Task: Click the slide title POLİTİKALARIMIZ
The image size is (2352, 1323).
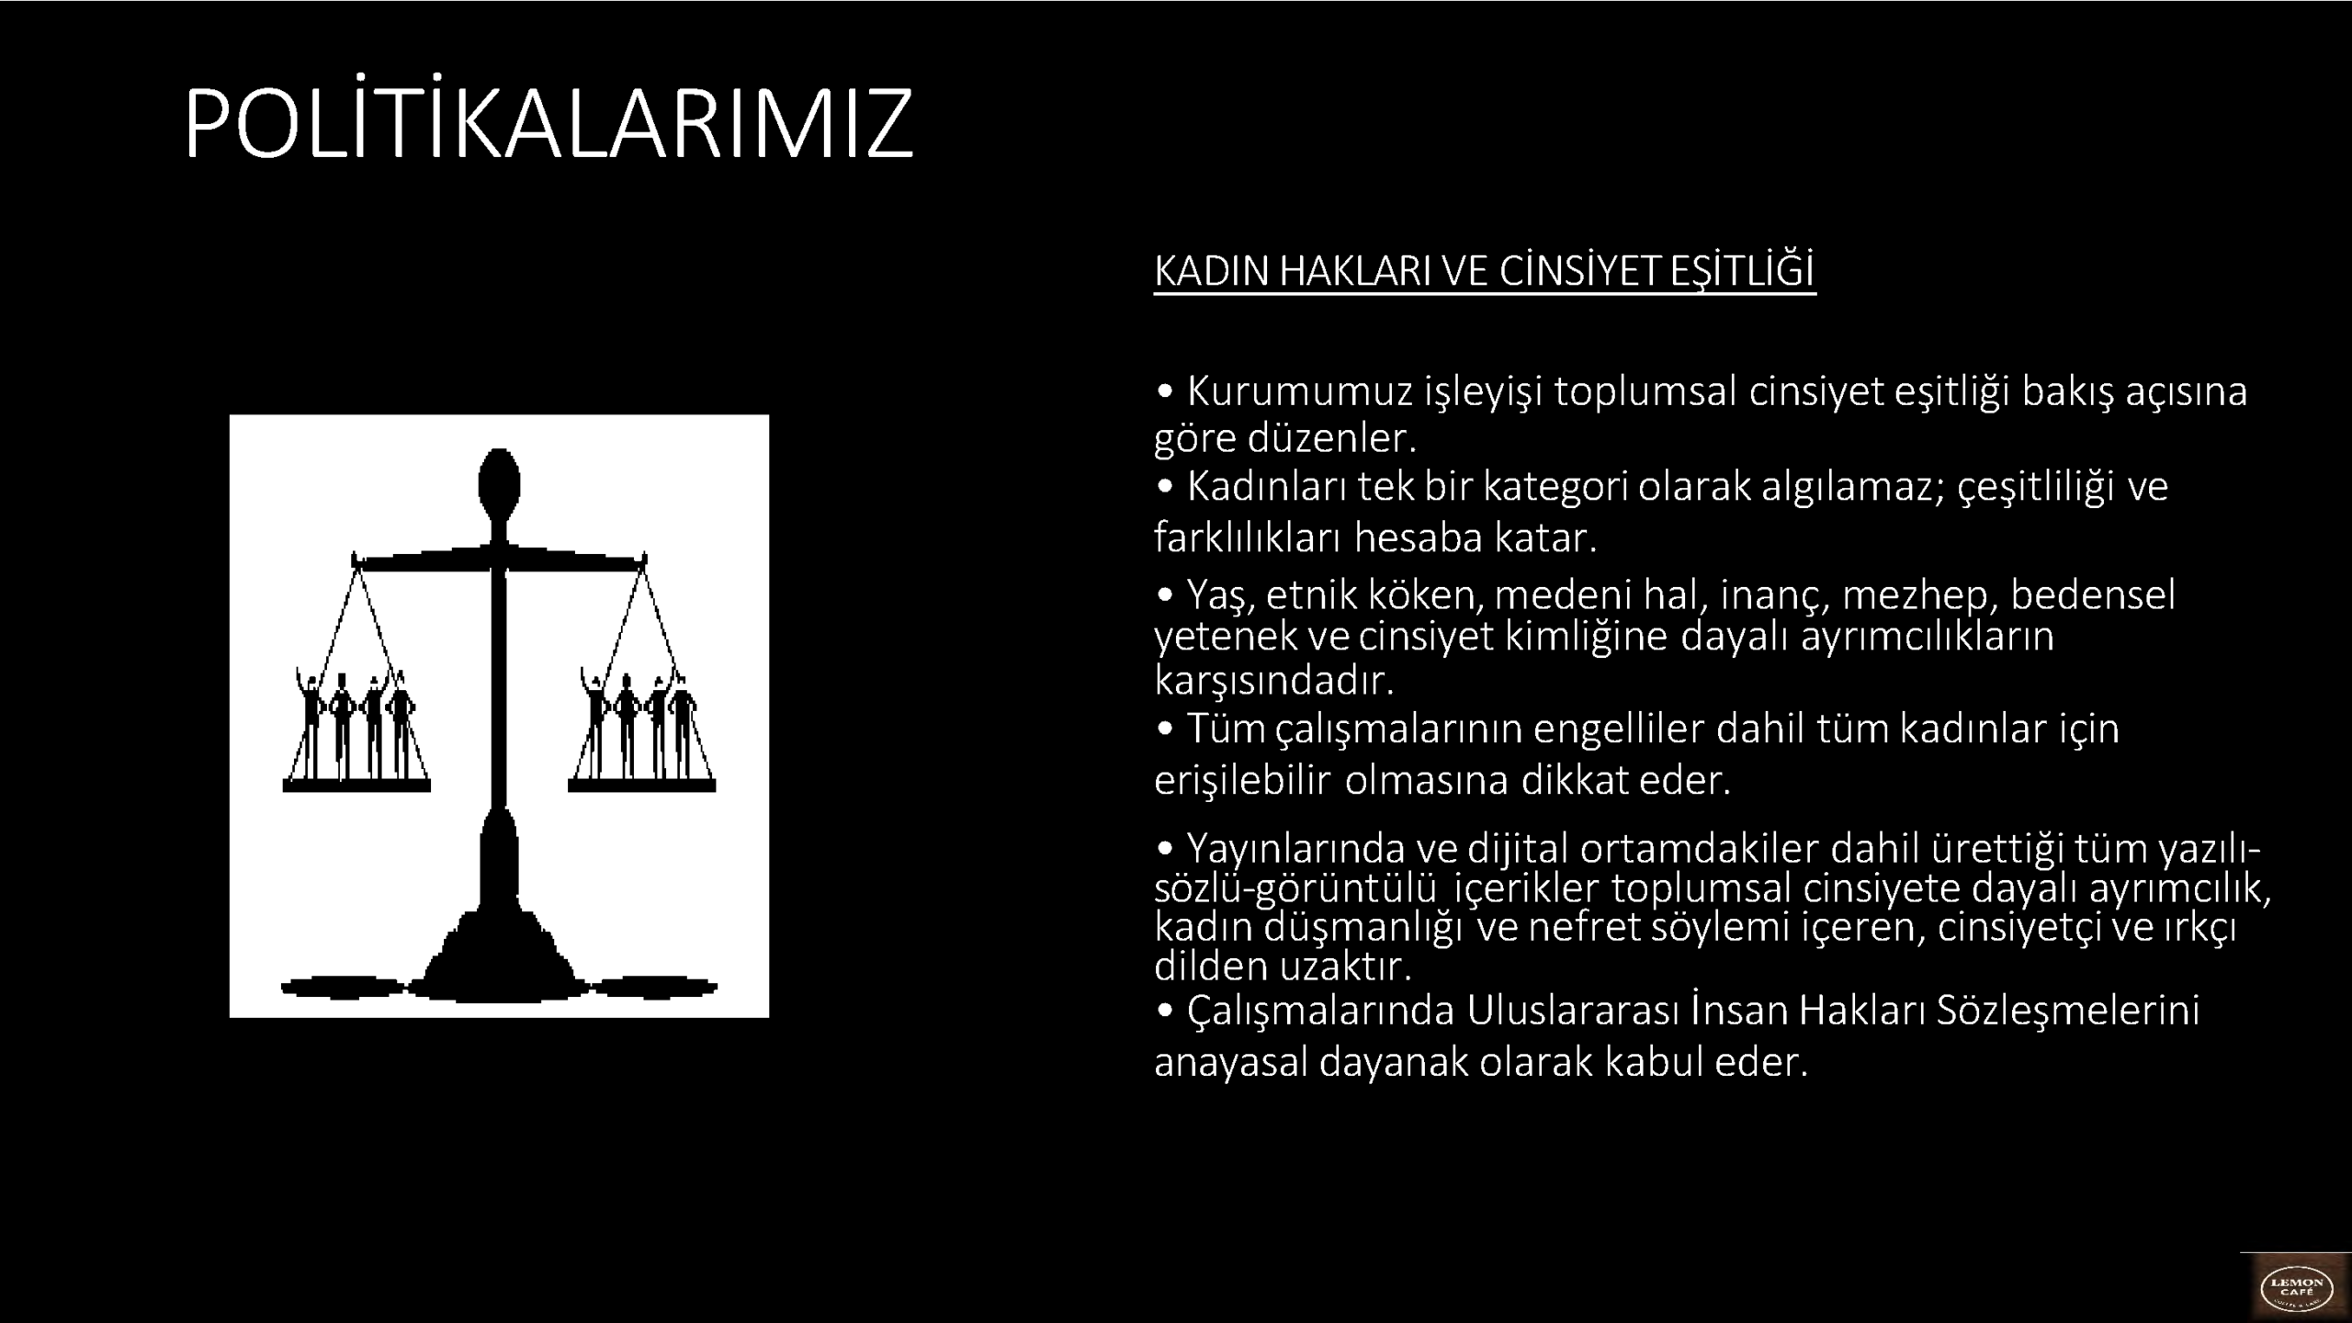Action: [x=548, y=123]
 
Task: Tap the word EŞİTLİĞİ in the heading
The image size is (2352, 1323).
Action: [x=1742, y=271]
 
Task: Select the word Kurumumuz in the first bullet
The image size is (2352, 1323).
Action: [x=1300, y=391]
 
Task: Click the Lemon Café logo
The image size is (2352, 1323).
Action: [x=2295, y=1289]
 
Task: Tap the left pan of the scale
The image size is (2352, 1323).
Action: [x=356, y=786]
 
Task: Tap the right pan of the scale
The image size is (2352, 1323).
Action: [x=641, y=786]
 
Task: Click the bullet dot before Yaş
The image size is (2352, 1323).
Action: [x=1166, y=595]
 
